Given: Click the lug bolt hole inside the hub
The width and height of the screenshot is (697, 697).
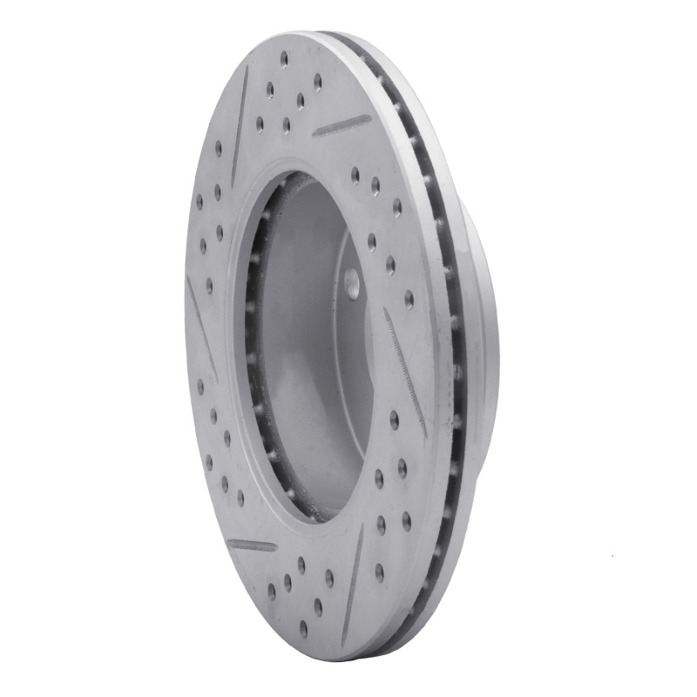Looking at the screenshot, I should (352, 281).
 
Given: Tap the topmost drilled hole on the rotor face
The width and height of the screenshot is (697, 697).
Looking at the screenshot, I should (284, 58).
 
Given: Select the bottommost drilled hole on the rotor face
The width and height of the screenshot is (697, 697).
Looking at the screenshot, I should (303, 627).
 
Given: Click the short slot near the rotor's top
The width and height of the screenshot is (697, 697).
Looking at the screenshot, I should (342, 125).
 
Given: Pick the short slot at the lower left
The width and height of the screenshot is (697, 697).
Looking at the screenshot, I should (252, 545).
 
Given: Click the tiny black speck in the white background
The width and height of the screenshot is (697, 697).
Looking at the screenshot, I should (612, 555).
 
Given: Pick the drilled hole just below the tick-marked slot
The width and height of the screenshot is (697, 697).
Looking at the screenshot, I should (394, 419).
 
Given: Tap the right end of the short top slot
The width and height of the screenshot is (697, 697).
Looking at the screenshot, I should (369, 118).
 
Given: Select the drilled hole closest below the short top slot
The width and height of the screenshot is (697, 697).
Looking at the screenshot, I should (355, 174).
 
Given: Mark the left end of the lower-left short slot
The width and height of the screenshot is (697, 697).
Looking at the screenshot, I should (229, 541).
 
